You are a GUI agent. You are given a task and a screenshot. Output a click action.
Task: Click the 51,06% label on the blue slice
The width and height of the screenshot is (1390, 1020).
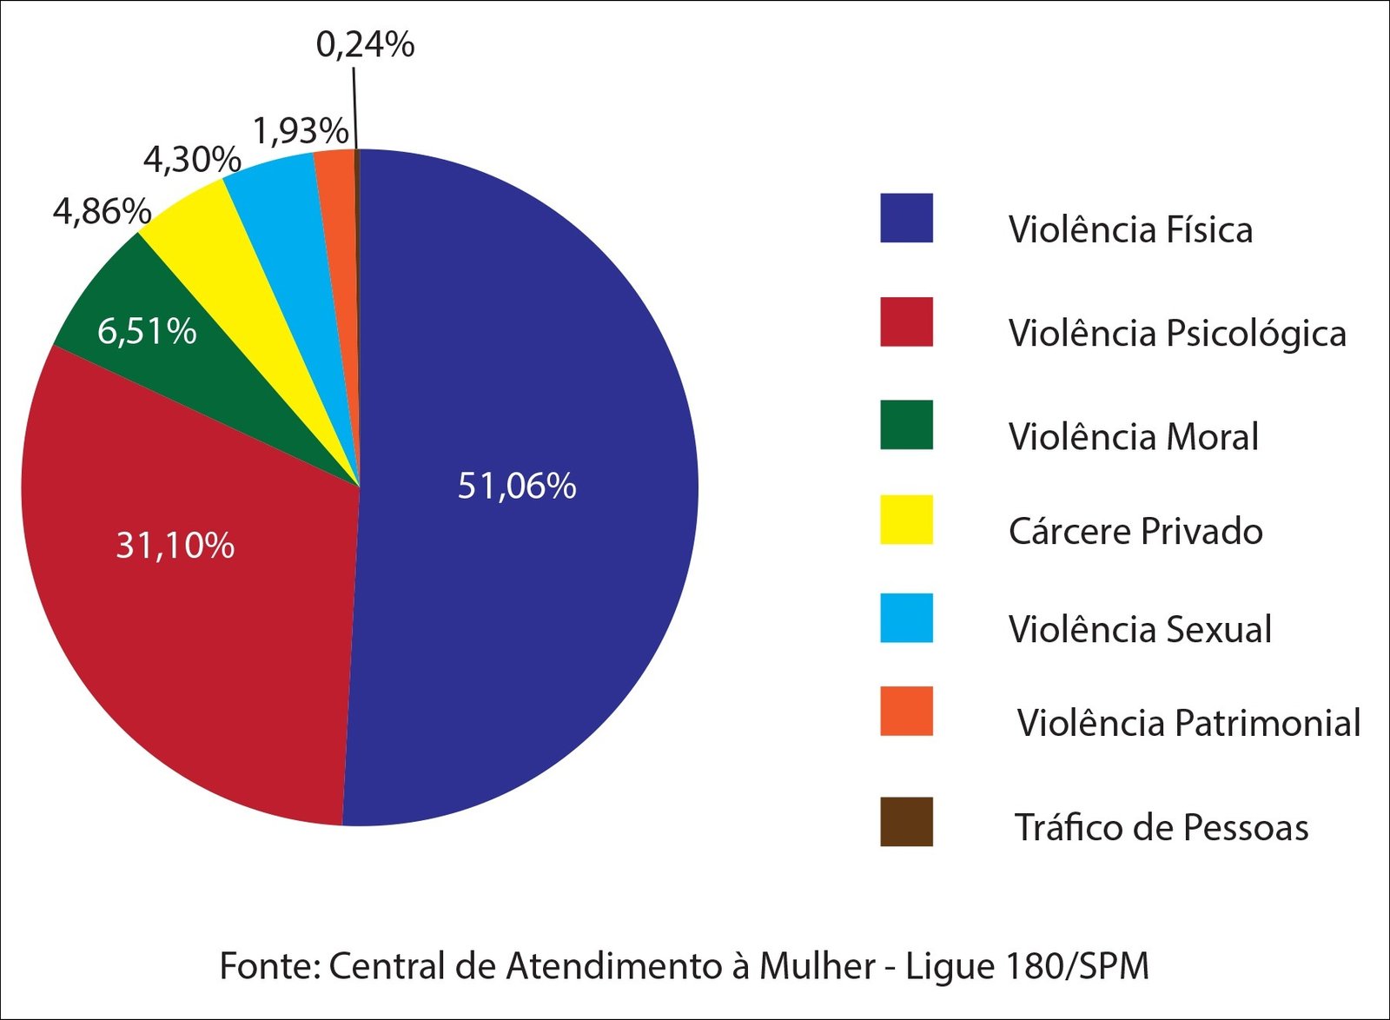click(517, 486)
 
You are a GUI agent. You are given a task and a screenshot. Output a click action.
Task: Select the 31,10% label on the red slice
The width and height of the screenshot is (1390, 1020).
click(175, 546)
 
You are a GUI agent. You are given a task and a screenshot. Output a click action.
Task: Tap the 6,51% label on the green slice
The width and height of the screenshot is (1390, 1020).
click(147, 331)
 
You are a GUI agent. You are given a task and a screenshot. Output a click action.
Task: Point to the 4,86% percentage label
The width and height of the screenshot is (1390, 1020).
click(102, 211)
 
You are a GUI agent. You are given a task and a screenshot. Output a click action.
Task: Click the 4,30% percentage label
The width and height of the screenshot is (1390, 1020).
click(192, 160)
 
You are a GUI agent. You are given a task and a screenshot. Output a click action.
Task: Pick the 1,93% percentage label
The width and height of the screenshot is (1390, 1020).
click(301, 131)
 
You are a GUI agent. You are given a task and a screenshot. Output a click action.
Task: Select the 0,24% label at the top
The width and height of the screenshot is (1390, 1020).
click(365, 44)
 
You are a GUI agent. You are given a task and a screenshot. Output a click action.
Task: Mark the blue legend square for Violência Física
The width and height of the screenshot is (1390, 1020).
click(906, 218)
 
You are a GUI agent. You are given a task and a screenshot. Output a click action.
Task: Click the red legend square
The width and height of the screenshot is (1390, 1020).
click(906, 322)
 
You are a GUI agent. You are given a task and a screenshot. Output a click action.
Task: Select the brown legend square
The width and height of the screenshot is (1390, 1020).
click(906, 822)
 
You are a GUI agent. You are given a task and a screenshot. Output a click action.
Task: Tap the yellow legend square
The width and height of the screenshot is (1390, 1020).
click(906, 520)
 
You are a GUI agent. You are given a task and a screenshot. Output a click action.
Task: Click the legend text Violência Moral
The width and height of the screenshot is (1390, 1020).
click(1133, 436)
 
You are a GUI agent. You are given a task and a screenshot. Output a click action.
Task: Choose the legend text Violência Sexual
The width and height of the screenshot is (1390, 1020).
click(1140, 629)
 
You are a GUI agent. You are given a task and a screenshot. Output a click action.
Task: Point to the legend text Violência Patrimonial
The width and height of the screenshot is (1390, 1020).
click(1188, 723)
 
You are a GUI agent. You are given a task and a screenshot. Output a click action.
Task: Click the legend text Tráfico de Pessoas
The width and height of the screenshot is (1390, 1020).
click(1162, 827)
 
